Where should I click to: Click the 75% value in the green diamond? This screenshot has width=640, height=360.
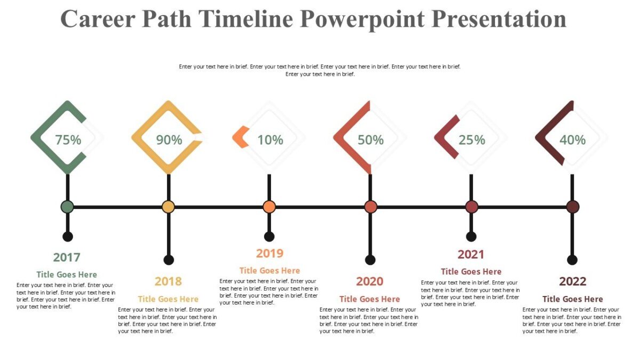click(68, 140)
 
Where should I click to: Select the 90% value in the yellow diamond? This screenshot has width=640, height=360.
click(169, 140)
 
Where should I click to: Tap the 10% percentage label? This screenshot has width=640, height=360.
click(270, 140)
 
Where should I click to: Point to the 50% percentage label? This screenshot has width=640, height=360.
click(371, 140)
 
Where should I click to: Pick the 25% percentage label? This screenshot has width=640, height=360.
click(472, 140)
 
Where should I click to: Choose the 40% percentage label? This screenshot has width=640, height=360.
click(573, 140)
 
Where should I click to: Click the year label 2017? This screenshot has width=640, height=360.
click(67, 257)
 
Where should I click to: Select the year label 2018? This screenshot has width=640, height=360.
click(168, 281)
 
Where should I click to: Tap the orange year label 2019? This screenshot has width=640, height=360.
click(269, 253)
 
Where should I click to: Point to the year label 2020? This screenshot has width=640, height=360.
click(370, 281)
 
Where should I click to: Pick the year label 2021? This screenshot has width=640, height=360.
click(471, 254)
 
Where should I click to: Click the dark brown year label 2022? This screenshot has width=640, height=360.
click(572, 281)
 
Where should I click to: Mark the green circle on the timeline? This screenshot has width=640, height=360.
click(67, 207)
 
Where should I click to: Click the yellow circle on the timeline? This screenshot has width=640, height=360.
click(168, 207)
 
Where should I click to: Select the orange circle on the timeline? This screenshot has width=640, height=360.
click(269, 207)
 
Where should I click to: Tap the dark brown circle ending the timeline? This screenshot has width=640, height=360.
click(572, 207)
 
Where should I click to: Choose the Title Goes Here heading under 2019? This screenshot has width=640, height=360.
click(269, 270)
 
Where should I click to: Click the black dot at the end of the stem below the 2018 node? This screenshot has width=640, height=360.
click(169, 260)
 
